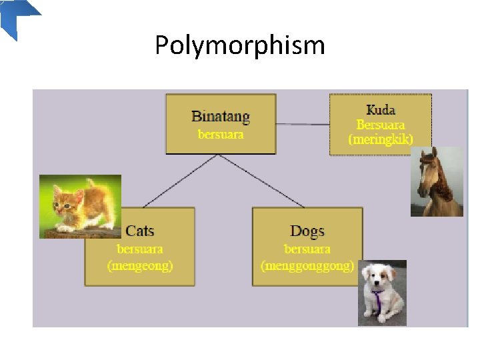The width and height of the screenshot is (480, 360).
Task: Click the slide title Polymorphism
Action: tap(240, 45)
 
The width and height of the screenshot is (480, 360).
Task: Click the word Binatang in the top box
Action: tap(221, 117)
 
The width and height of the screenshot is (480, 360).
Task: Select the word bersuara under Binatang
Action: tap(221, 134)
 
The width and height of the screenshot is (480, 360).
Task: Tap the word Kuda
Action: tap(381, 110)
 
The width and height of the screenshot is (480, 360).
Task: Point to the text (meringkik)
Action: tap(381, 139)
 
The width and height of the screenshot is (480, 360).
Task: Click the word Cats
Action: tap(140, 231)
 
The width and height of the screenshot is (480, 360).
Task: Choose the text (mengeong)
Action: tap(140, 265)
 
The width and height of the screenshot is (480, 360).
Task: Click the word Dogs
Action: tap(307, 231)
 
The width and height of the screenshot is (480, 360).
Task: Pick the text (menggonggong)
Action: tap(307, 265)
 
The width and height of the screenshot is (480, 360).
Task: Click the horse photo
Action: tap(437, 181)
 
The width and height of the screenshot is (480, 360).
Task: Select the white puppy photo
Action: tap(381, 293)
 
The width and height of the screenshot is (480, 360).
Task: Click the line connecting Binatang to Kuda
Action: tap(303, 124)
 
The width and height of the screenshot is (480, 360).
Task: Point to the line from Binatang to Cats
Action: tap(181, 181)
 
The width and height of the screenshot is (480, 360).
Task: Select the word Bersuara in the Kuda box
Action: tap(381, 125)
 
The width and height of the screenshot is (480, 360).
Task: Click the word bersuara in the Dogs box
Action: tap(307, 249)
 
